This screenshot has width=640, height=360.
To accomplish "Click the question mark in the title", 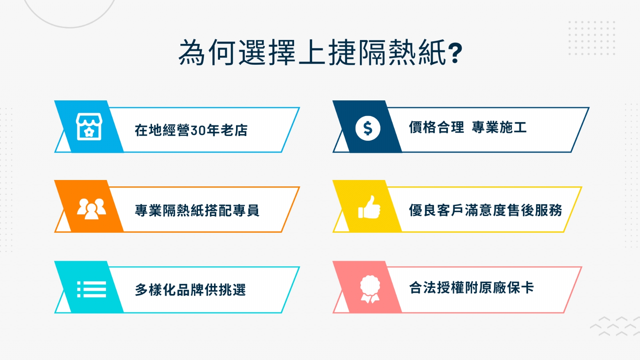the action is coord(455,53).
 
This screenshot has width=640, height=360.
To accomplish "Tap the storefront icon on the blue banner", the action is coord(89,127).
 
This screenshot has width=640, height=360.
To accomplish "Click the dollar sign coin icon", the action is coord(368,128).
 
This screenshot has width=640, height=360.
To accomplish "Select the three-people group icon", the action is coord(92,209).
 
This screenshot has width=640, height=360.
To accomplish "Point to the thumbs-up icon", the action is coord(369,207).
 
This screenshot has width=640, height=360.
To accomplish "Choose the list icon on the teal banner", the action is coord(92,289).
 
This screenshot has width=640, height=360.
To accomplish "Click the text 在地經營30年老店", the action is coord(191,130).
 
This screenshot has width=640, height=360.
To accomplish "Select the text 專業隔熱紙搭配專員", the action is coord(197,210).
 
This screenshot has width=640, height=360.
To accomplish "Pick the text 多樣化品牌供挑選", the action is coord(190,290).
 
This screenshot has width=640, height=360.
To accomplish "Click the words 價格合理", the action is coord(436,127).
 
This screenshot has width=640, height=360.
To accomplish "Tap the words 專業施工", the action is coord(499,127).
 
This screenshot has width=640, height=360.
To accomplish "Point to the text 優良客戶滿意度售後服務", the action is coord(486,210).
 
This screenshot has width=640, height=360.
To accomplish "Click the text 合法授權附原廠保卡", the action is coord(472,288).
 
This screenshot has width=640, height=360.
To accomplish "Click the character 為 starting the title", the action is coord(192,53).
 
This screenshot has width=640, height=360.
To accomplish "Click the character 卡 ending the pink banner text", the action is coord(527,288).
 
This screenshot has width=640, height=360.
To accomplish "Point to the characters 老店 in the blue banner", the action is coord(234,130).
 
